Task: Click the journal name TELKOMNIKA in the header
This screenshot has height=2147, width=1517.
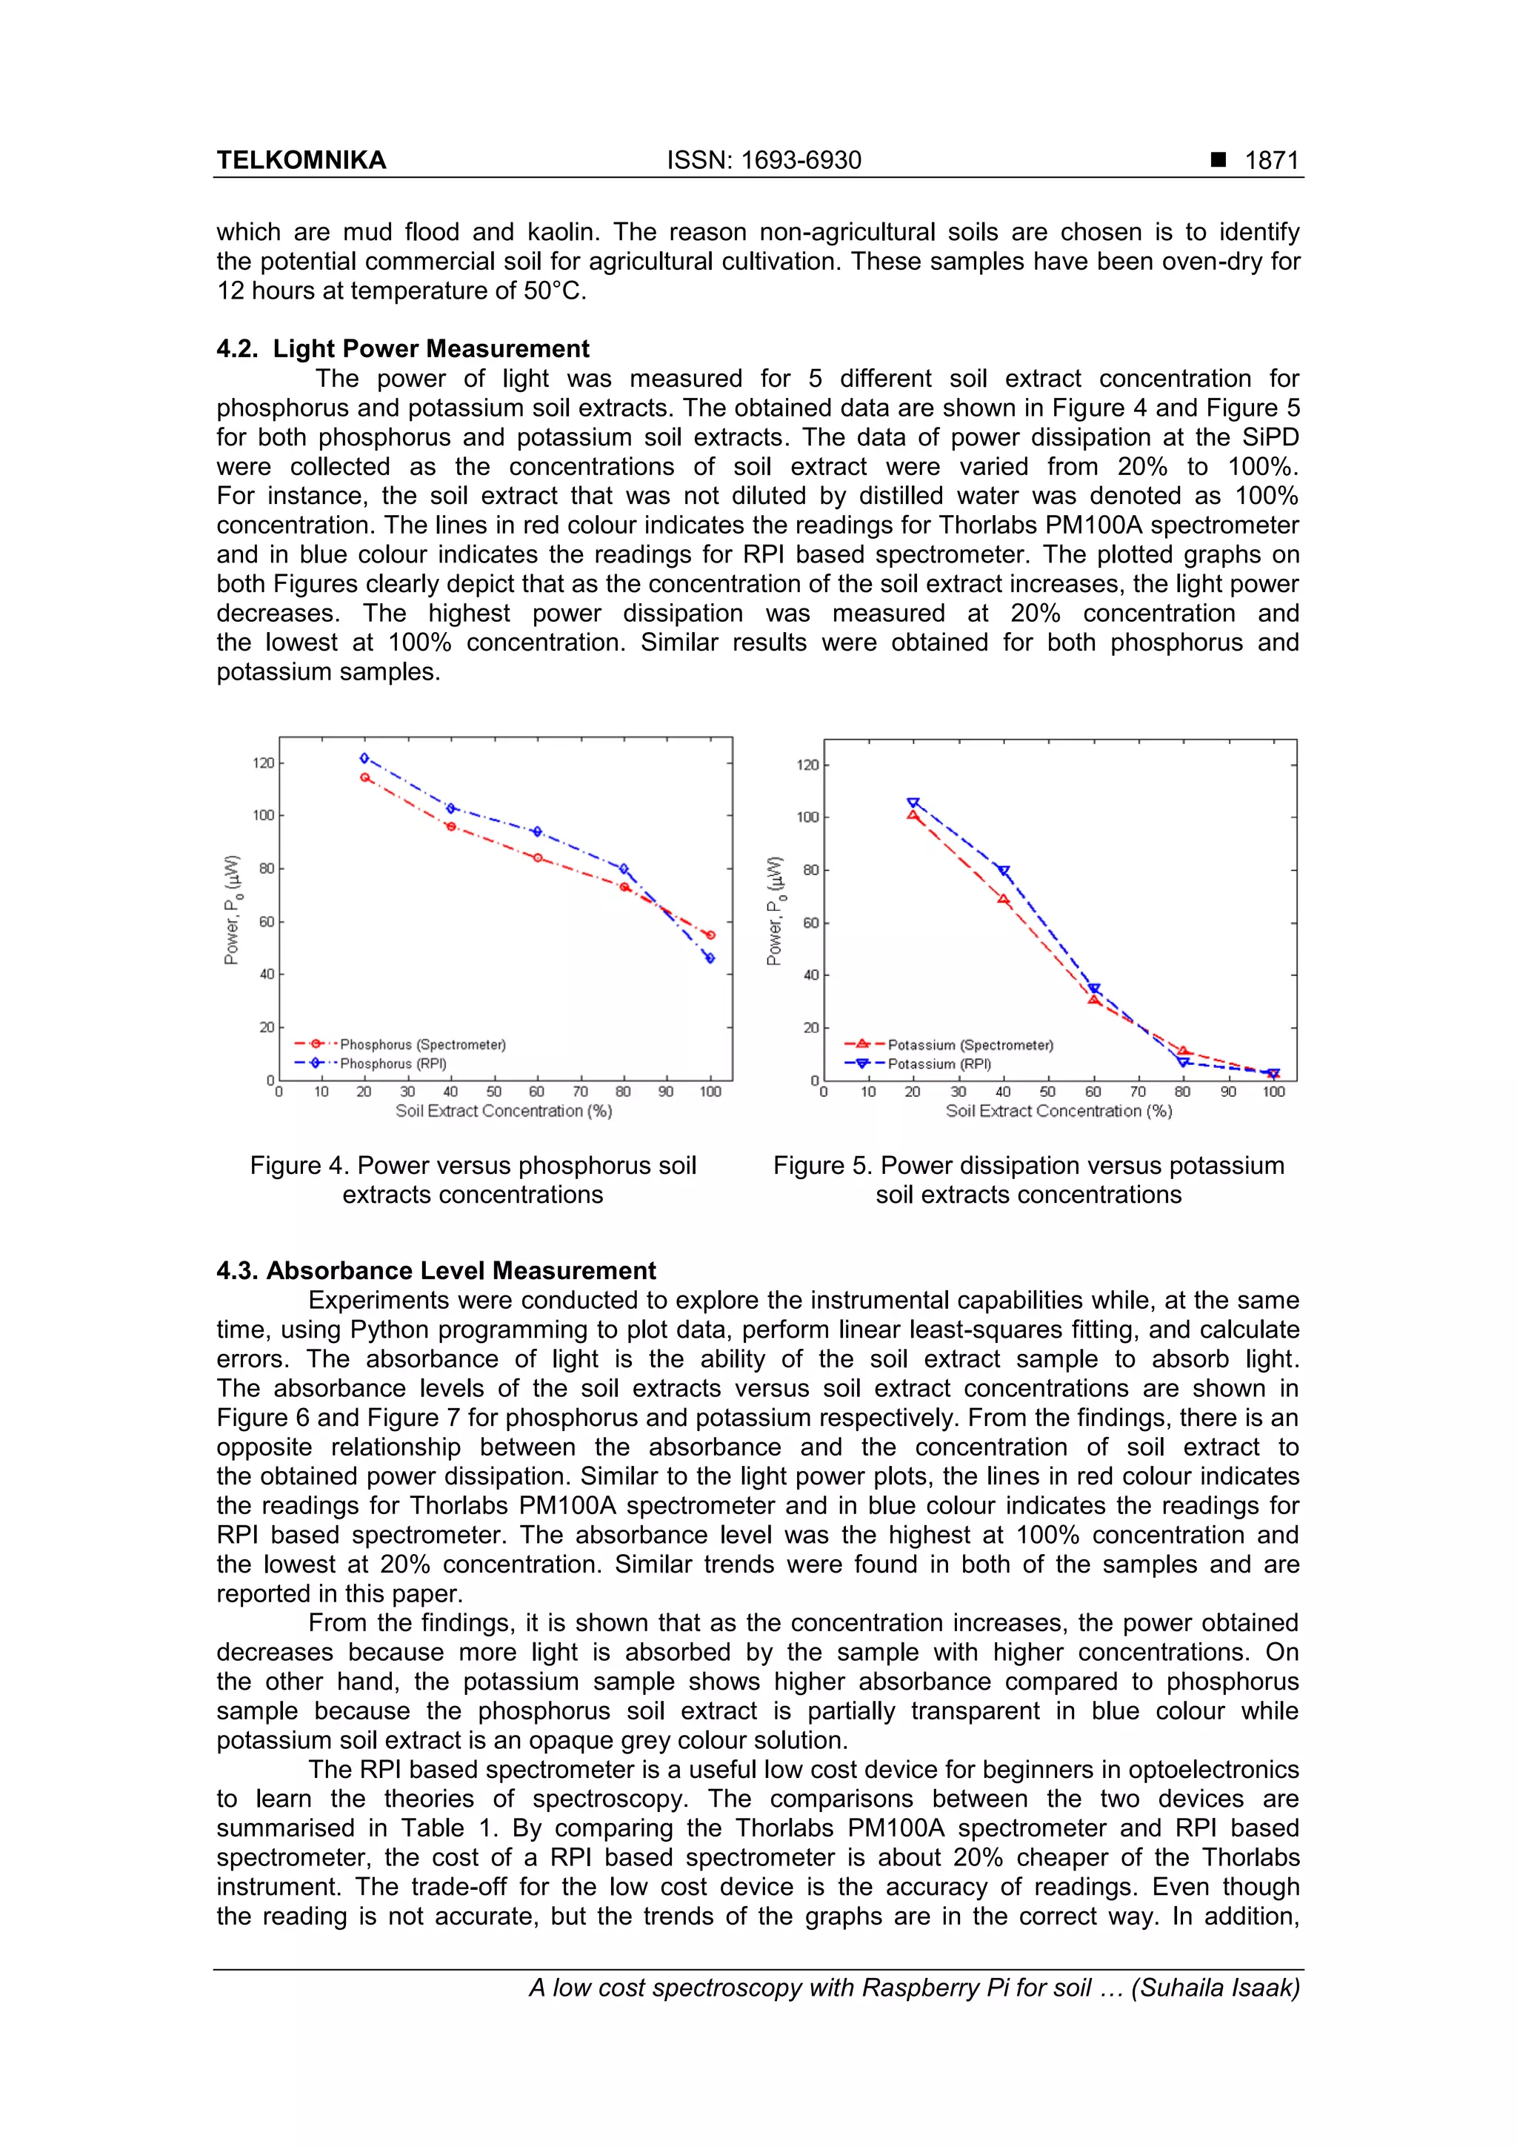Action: (301, 160)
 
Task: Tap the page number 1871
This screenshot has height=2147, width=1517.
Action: (1271, 160)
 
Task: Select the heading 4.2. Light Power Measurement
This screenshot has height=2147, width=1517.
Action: (403, 349)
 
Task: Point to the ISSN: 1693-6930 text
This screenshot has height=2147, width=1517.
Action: (764, 160)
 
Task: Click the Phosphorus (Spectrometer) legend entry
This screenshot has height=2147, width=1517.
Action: (422, 1044)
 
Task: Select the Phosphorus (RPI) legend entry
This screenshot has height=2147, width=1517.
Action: (393, 1063)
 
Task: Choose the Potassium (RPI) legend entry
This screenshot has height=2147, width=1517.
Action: (939, 1064)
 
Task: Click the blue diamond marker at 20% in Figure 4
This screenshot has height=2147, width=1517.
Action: (364, 757)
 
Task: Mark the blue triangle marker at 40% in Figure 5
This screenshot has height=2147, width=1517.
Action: (1004, 871)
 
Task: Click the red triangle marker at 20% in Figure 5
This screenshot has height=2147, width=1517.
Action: (913, 815)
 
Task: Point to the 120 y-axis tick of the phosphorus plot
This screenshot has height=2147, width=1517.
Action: (263, 763)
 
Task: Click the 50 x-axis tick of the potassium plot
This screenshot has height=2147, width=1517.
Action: (1048, 1092)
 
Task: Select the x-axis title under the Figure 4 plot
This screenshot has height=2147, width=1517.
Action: (503, 1111)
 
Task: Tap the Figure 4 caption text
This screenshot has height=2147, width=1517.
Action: (473, 1179)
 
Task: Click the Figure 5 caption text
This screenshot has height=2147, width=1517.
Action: (1028, 1179)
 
